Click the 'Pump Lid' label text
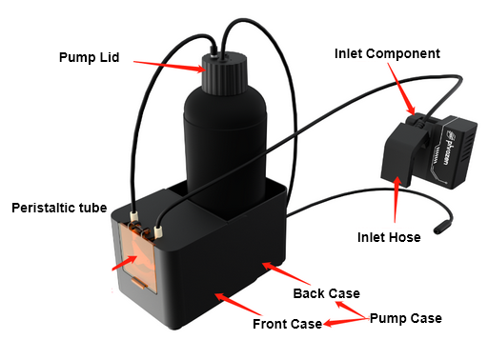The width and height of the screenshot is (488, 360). (x=90, y=57)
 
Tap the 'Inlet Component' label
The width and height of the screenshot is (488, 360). (x=387, y=53)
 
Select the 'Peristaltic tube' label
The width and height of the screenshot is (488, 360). (x=59, y=208)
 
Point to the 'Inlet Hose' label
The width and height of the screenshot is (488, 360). (x=389, y=237)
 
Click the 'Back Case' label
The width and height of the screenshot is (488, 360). (x=327, y=293)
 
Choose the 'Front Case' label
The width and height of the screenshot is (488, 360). (x=288, y=324)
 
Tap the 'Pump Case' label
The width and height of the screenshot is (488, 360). (x=406, y=318)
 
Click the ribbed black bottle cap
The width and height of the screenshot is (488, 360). (x=225, y=73)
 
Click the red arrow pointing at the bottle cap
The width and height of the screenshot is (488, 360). (x=170, y=67)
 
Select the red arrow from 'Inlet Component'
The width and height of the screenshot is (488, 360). (x=401, y=89)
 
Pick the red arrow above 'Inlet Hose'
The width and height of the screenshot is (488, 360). (x=396, y=199)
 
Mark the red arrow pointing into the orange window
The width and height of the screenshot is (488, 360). (x=125, y=263)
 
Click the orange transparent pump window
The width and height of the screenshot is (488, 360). (x=138, y=256)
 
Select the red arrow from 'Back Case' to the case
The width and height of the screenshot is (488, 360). (x=286, y=273)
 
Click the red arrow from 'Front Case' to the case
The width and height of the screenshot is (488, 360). (x=238, y=304)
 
